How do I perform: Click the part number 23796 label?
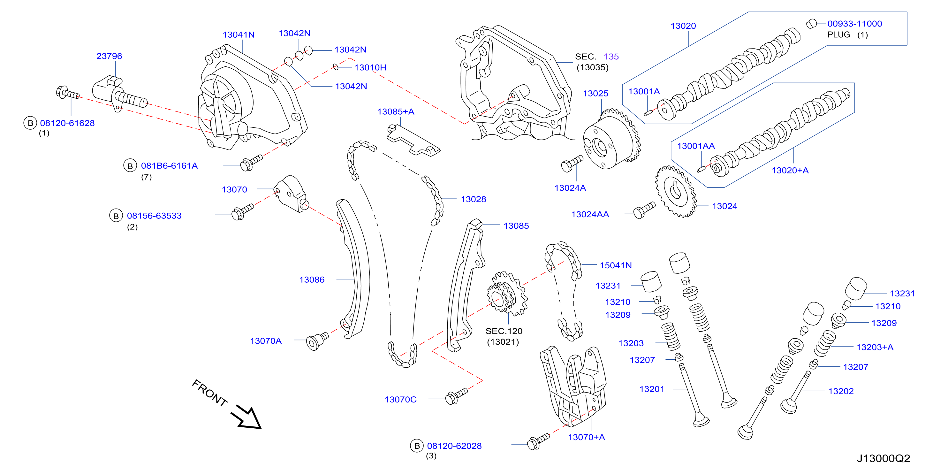pyautogui.click(x=109, y=56)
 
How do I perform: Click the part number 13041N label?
pyautogui.click(x=239, y=34)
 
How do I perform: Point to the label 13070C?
pyautogui.click(x=400, y=399)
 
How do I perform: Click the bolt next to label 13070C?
pyautogui.click(x=456, y=396)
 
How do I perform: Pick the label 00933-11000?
pyautogui.click(x=854, y=24)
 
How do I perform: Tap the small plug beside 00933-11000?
pyautogui.click(x=811, y=24)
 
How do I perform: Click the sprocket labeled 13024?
pyautogui.click(x=676, y=191)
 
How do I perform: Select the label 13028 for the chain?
pyautogui.click(x=473, y=199)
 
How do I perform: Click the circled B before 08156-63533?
pyautogui.click(x=116, y=216)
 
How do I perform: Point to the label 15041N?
pyautogui.click(x=616, y=265)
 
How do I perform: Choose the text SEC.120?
pyautogui.click(x=504, y=331)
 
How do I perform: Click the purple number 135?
pyautogui.click(x=611, y=57)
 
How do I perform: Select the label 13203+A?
pyautogui.click(x=875, y=347)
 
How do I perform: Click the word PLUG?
pyautogui.click(x=839, y=34)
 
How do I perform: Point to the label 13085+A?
pyautogui.click(x=396, y=111)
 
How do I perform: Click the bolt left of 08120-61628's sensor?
pyautogui.click(x=67, y=93)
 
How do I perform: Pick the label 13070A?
pyautogui.click(x=266, y=341)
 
